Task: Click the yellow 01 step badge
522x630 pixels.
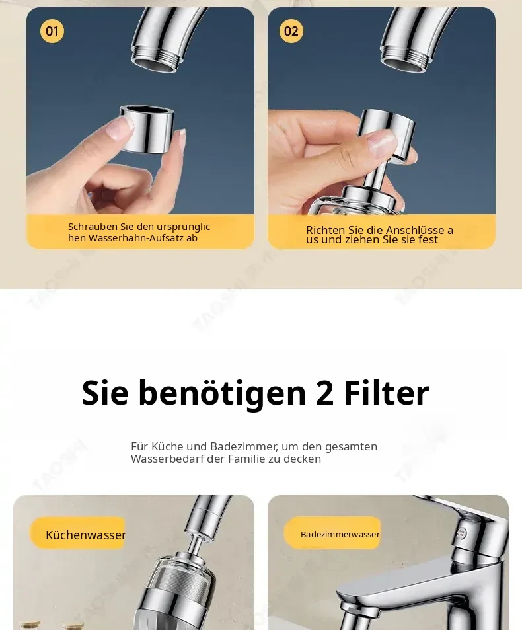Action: (x=52, y=31)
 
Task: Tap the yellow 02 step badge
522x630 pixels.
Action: (x=291, y=31)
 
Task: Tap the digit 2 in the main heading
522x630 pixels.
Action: (x=324, y=393)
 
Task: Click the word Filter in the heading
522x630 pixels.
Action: (x=387, y=392)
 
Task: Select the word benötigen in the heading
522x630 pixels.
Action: (x=222, y=394)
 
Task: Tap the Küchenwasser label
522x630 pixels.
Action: (x=85, y=535)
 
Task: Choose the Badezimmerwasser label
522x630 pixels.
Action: (x=340, y=534)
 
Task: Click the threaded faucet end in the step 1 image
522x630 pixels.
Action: (x=155, y=61)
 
